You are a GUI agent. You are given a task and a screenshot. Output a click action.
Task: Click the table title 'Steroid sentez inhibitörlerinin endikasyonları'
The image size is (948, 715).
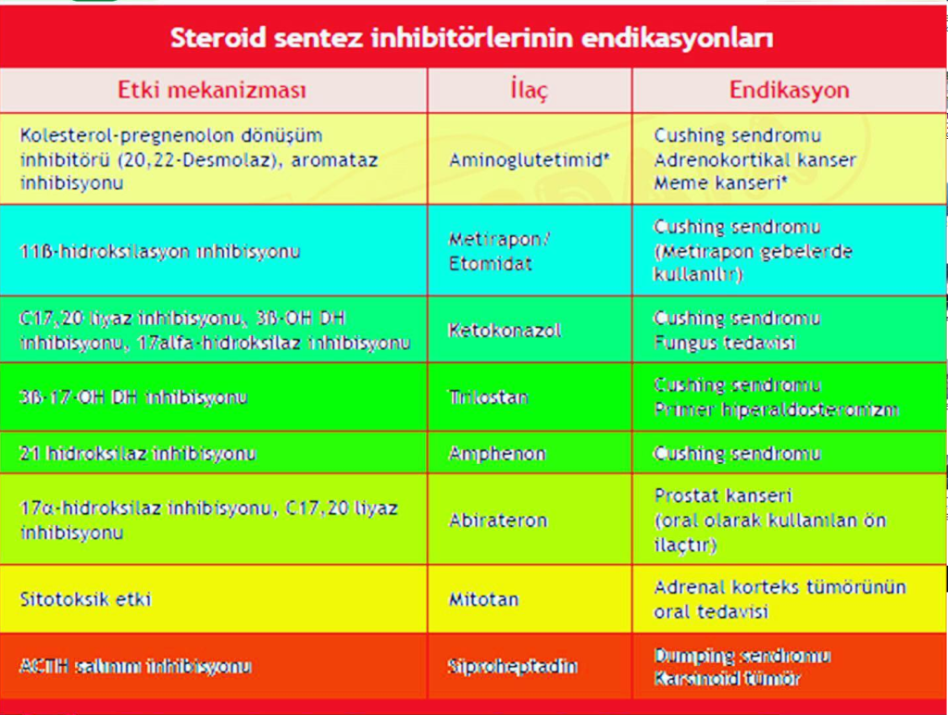coord(472,37)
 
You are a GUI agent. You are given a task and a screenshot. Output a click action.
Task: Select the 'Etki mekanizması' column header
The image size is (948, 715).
coord(212,90)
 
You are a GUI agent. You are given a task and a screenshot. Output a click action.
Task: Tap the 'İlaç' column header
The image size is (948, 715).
coord(529,90)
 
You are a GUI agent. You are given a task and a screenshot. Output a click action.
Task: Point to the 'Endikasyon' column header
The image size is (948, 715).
coord(789,90)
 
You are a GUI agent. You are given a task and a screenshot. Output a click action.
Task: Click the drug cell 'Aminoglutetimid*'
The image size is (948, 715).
coord(529,159)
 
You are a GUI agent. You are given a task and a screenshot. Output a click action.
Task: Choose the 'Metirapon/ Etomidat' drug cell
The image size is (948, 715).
coord(499,252)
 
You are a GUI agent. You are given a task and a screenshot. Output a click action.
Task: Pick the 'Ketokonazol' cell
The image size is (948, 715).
coord(505,331)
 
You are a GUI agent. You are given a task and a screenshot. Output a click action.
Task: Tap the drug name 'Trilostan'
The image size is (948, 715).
coord(489,397)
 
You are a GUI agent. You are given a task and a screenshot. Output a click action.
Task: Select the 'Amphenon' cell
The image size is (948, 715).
coord(497,454)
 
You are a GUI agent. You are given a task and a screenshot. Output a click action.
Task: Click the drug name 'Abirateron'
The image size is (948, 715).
coord(498,521)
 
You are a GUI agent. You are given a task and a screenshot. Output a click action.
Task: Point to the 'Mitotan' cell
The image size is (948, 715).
coord(483,599)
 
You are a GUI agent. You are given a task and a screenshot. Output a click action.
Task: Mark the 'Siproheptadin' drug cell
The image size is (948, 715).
coord(513,667)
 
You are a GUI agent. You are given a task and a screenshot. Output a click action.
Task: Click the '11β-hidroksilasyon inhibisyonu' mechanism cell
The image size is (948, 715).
coord(159,252)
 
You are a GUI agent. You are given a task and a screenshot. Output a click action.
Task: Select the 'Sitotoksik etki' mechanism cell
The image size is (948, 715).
coord(85,599)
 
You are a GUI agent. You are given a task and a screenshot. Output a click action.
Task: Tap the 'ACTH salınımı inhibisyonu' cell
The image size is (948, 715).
coord(135,667)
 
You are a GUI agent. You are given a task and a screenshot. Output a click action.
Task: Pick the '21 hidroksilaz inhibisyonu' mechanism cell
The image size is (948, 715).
coord(138,454)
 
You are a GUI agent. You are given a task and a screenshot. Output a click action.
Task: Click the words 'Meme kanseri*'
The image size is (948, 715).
coord(720,183)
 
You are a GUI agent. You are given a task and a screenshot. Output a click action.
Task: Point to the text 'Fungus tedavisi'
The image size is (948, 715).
coord(724,343)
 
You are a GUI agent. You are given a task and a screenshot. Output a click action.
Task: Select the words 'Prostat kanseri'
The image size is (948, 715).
coord(723,496)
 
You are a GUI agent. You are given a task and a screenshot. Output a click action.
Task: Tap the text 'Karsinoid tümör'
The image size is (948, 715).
coord(727,679)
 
